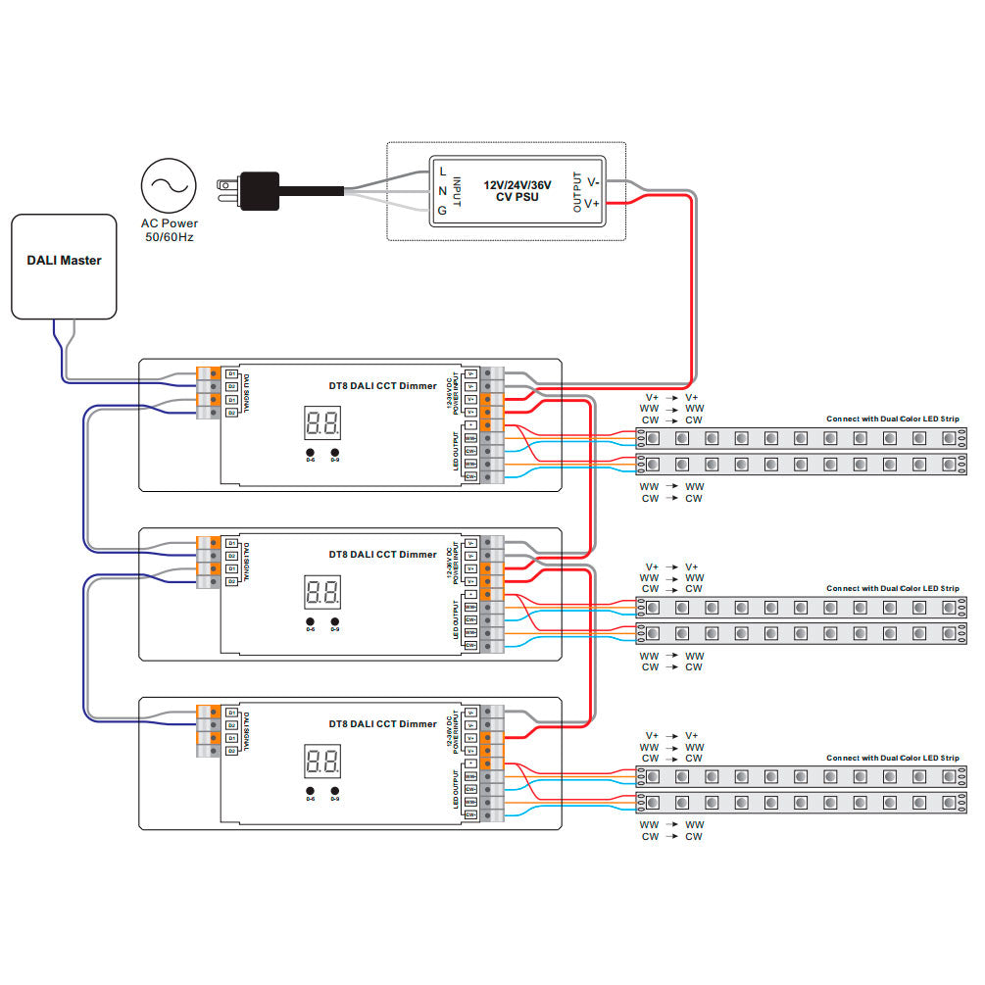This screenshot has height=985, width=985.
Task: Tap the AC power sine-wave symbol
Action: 168,186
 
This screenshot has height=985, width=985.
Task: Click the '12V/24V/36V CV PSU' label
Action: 517,190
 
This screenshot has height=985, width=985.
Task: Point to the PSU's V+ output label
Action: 593,202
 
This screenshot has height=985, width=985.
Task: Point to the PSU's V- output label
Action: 593,181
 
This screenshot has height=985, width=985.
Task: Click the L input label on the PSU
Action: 443,172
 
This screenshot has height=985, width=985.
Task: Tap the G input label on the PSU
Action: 443,209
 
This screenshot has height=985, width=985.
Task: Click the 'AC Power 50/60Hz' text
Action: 168,229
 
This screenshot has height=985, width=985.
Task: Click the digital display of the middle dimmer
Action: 322,592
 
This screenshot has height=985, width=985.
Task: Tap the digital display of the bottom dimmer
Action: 322,762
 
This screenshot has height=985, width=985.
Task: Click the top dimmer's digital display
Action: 322,423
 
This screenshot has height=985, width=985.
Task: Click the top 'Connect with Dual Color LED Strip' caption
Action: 892,419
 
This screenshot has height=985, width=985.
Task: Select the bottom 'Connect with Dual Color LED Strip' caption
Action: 892,758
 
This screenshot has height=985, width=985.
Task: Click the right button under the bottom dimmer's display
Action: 335,791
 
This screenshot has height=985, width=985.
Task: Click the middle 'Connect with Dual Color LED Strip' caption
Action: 892,588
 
